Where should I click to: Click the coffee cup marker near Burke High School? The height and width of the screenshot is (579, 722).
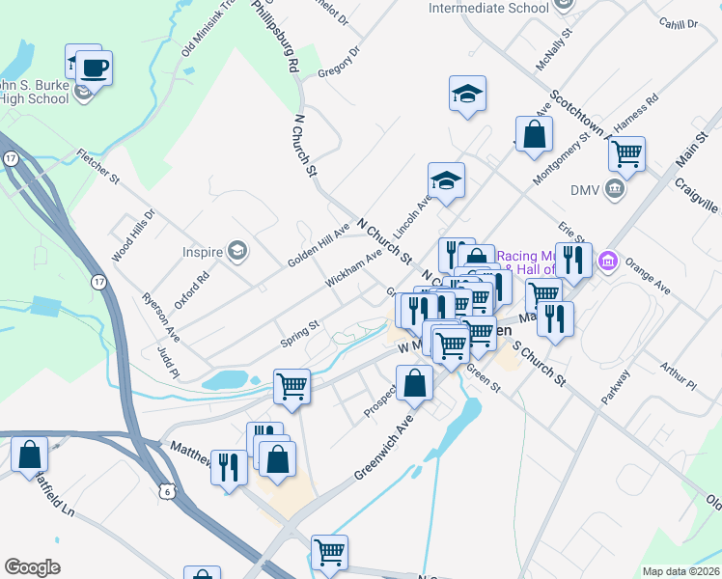click(x=94, y=69)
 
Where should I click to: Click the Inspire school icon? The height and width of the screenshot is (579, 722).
click(x=236, y=252)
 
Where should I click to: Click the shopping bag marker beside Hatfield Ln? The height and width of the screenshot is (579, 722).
click(x=30, y=454)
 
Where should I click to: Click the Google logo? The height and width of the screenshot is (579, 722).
click(x=32, y=566)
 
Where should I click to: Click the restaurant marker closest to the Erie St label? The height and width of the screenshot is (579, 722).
click(x=573, y=259)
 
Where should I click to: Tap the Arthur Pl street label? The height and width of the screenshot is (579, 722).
click(x=678, y=377)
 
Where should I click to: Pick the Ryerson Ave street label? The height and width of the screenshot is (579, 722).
click(x=161, y=317)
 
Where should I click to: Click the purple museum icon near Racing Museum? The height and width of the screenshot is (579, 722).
click(x=608, y=261)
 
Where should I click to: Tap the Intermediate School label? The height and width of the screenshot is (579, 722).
click(x=488, y=9)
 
